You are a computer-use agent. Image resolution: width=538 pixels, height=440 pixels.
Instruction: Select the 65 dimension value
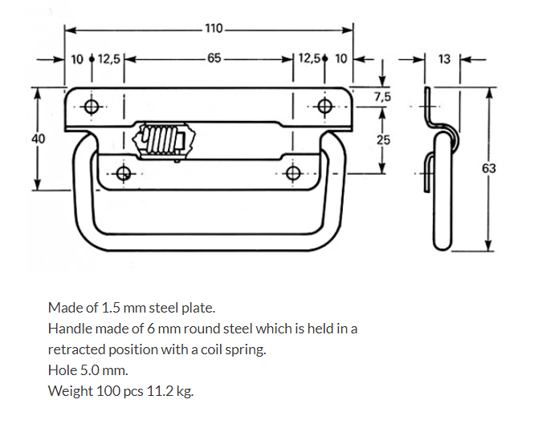(x=214, y=59)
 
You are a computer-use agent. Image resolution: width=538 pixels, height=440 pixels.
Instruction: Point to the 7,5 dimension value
(x=383, y=96)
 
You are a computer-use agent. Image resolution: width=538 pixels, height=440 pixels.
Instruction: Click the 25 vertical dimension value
(x=383, y=140)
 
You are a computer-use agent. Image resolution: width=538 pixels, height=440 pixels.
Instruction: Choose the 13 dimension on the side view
(x=446, y=59)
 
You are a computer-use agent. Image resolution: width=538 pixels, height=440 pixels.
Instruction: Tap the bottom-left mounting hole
(x=123, y=173)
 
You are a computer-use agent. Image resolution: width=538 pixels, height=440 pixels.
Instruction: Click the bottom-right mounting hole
(x=294, y=173)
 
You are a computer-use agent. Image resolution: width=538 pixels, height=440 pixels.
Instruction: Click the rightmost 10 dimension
(x=341, y=59)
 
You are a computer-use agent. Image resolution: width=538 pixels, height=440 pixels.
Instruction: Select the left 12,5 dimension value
(x=109, y=59)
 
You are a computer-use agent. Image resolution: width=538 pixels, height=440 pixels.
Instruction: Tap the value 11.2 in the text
(x=158, y=391)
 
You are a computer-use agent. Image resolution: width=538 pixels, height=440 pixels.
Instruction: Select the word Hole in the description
(x=62, y=370)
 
